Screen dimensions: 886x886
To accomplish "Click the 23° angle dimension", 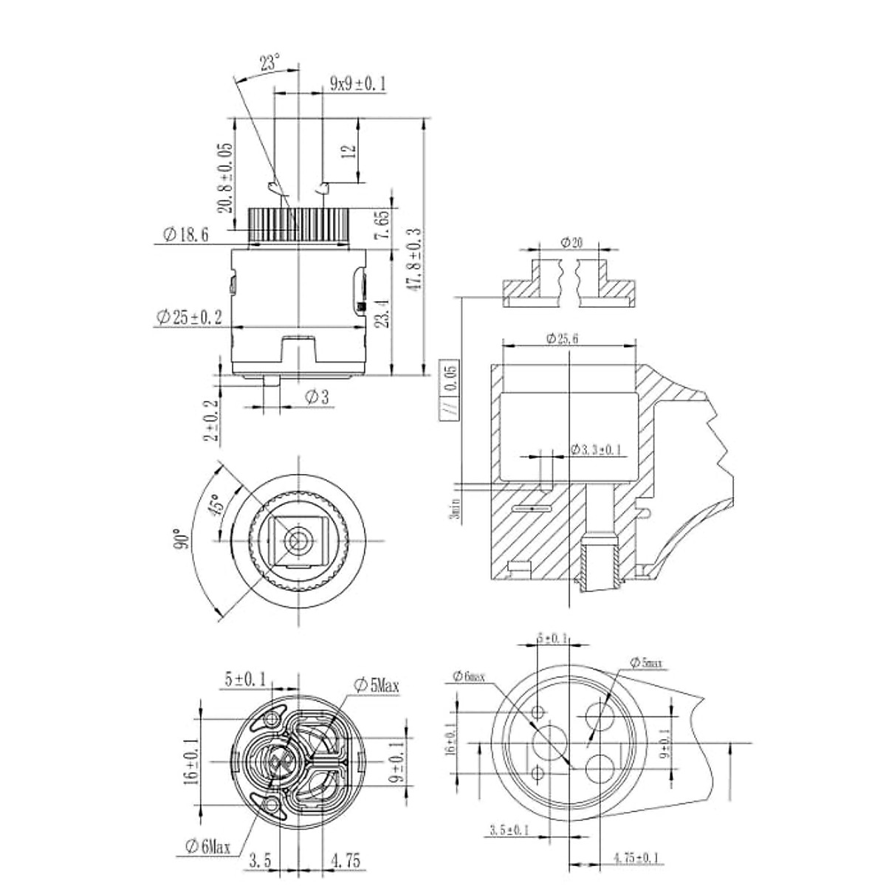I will pyautogui.click(x=269, y=63).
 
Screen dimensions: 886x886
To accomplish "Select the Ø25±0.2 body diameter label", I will pyautogui.click(x=188, y=317).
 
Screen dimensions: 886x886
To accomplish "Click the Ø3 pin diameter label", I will pyautogui.click(x=316, y=398).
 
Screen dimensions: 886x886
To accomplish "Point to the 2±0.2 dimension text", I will pyautogui.click(x=213, y=420).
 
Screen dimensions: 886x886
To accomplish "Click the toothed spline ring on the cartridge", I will pyautogui.click(x=298, y=223).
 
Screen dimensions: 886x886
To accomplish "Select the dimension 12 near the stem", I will pyautogui.click(x=351, y=151).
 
